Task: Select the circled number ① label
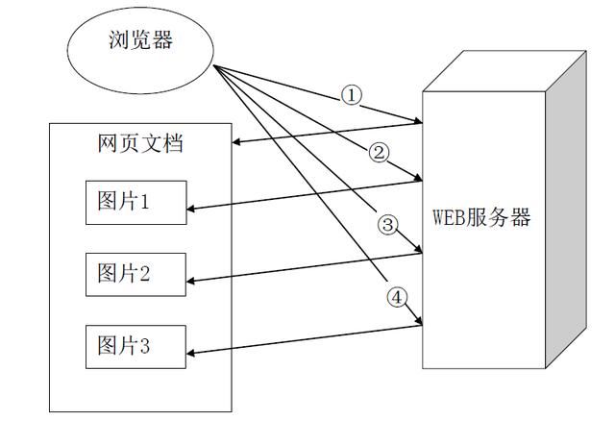click(x=352, y=95)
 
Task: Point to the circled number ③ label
click(x=387, y=225)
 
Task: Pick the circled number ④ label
click(x=397, y=297)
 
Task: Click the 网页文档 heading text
click(x=140, y=144)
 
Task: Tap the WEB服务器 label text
click(x=480, y=217)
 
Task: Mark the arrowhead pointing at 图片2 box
click(x=190, y=282)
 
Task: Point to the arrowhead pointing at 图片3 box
click(x=190, y=353)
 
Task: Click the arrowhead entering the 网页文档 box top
click(x=237, y=143)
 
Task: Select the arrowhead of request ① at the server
click(x=418, y=121)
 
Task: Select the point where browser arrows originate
click(x=213, y=67)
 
